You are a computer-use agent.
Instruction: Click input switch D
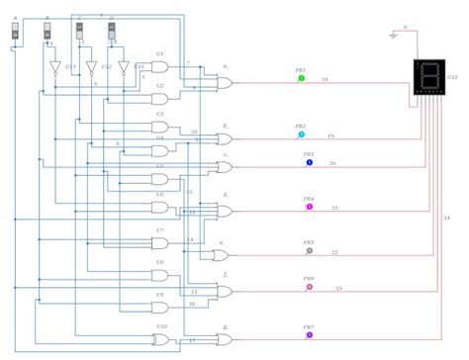[112, 32]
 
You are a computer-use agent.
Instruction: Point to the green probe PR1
[302, 78]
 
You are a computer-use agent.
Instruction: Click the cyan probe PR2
[302, 134]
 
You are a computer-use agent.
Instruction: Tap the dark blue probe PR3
[309, 162]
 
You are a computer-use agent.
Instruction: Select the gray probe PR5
[309, 251]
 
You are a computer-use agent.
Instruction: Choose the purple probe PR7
[309, 335]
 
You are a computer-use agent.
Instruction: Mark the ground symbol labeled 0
[394, 35]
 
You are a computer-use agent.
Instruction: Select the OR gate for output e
[220, 254]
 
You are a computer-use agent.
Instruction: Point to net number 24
[446, 218]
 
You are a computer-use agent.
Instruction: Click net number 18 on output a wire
[325, 79]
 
